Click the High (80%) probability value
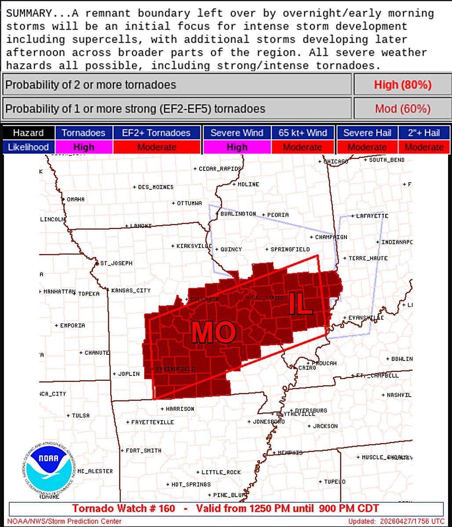click(402, 85)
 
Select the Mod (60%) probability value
click(402, 108)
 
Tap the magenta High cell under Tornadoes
click(84, 147)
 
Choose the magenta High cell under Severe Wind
click(237, 147)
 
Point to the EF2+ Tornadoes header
click(157, 133)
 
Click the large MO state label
click(213, 332)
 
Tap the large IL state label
click(301, 303)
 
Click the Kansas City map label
click(131, 290)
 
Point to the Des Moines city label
click(155, 187)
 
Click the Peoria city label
click(277, 215)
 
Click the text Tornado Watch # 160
click(124, 509)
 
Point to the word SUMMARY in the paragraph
click(24, 13)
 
